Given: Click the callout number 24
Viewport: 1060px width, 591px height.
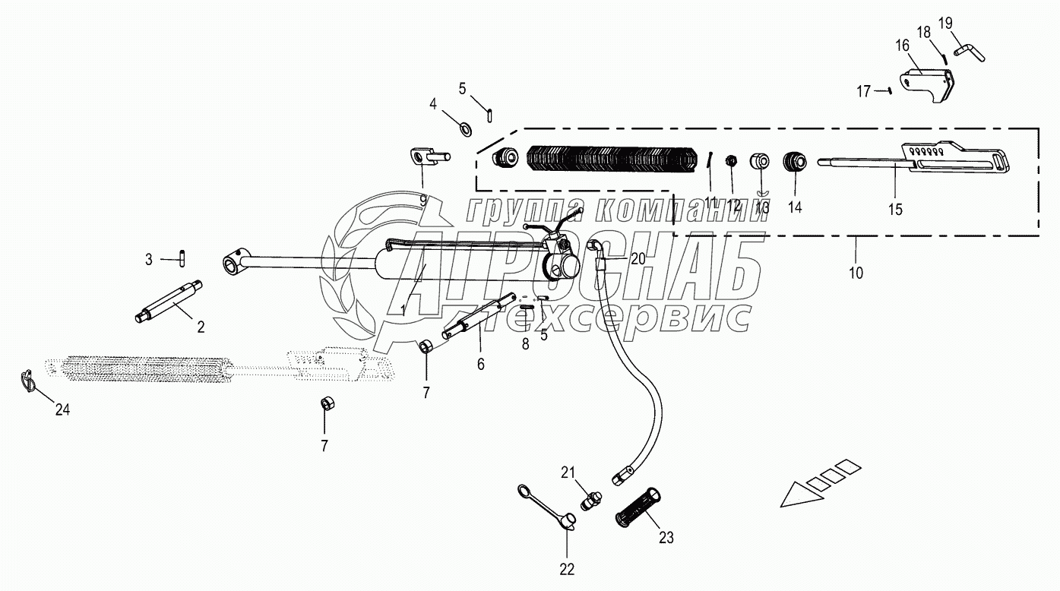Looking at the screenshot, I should [x=62, y=409].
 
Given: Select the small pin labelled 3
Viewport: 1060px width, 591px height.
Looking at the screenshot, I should [x=183, y=258].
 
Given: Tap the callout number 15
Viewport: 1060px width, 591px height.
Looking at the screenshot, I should [x=897, y=210].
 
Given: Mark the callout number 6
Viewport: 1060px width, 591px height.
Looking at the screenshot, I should [x=481, y=364].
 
